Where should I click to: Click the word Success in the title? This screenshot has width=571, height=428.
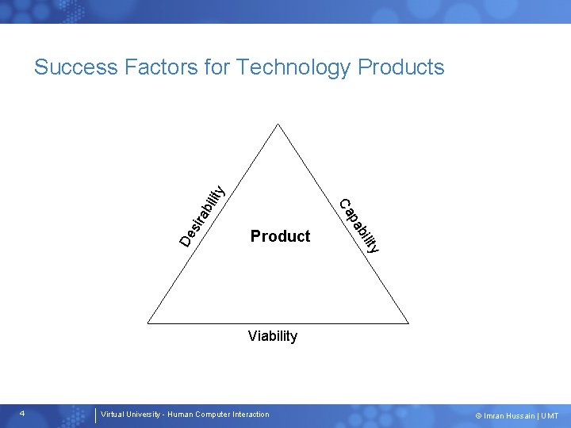(76, 67)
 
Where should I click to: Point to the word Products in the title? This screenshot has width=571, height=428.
(401, 67)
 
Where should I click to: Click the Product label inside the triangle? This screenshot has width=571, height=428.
(280, 236)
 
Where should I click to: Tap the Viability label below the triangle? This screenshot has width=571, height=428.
(272, 336)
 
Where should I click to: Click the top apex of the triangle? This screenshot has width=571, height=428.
(278, 124)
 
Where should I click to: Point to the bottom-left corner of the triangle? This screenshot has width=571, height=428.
(148, 323)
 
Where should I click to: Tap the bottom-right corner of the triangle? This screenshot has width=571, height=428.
(408, 323)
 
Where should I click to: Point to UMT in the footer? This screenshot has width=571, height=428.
(550, 415)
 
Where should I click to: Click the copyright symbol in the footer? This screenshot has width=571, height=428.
(478, 415)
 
